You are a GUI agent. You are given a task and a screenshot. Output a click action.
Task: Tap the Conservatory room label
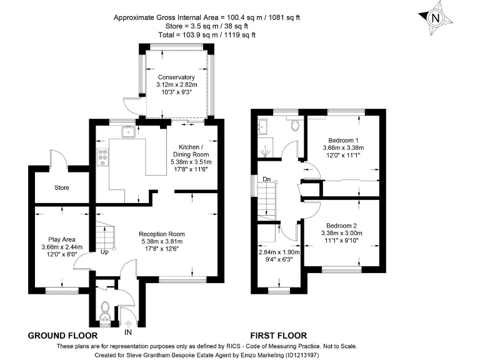177,77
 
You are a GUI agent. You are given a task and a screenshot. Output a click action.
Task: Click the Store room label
62,187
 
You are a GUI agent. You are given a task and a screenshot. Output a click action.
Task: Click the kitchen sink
128,132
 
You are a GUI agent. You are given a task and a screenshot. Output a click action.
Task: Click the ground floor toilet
105,309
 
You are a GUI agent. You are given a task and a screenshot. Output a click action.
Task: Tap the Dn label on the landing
265,179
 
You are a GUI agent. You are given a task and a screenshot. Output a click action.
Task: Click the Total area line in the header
206,35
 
